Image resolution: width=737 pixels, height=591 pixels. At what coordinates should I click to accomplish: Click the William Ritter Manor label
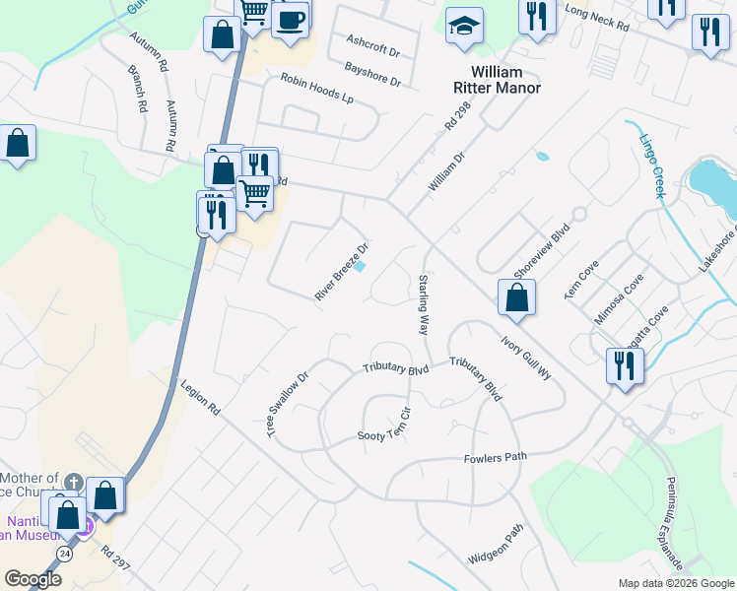click(505, 80)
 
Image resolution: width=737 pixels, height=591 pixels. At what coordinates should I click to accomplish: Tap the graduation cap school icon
click(464, 28)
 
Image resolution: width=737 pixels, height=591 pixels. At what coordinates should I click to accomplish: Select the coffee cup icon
click(290, 21)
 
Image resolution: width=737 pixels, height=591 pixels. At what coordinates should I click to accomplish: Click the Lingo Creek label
click(650, 165)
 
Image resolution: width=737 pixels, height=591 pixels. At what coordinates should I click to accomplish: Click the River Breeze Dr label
click(341, 272)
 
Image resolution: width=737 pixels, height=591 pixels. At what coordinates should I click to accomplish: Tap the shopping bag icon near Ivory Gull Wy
click(516, 297)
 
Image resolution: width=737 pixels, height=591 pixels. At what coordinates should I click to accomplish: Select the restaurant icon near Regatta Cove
click(625, 366)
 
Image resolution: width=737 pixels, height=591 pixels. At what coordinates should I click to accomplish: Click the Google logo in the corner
click(33, 578)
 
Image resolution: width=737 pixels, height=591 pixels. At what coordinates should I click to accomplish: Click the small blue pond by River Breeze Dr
click(360, 266)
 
